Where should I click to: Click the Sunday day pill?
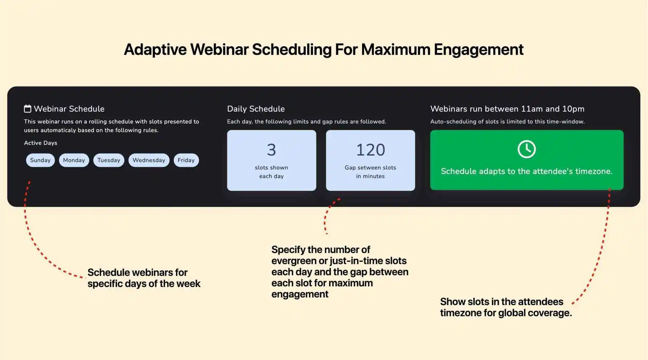40,160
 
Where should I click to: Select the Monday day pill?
74,160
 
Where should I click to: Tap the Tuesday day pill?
109,160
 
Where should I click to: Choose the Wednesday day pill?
149,160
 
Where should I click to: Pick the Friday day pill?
186,160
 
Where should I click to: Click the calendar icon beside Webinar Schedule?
28,109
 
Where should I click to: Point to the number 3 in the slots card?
271,150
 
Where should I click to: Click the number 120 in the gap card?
371,150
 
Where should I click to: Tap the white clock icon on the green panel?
527,149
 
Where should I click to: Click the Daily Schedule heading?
256,109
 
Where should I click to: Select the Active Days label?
40,143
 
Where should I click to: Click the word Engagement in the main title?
478,49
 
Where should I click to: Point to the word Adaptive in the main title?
155,49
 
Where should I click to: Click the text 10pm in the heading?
573,109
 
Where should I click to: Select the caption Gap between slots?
370,168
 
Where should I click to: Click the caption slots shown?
271,168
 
